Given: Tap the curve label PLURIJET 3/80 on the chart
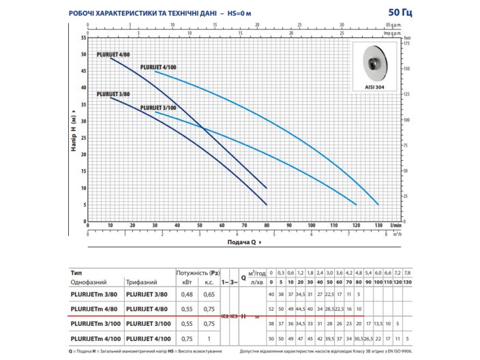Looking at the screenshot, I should point(113,94).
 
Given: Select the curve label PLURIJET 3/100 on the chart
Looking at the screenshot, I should point(158,108).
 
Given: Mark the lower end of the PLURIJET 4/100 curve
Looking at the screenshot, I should point(378,204).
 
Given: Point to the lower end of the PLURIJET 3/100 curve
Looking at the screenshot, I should point(356,204).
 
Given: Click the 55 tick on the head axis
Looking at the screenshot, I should point(83,37).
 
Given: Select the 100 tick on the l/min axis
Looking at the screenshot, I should point(311,225).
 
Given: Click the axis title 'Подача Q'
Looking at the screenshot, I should point(242,241).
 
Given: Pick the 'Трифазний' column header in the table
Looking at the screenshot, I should point(142,282).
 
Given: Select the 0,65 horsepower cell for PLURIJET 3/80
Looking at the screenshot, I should point(209,294).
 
